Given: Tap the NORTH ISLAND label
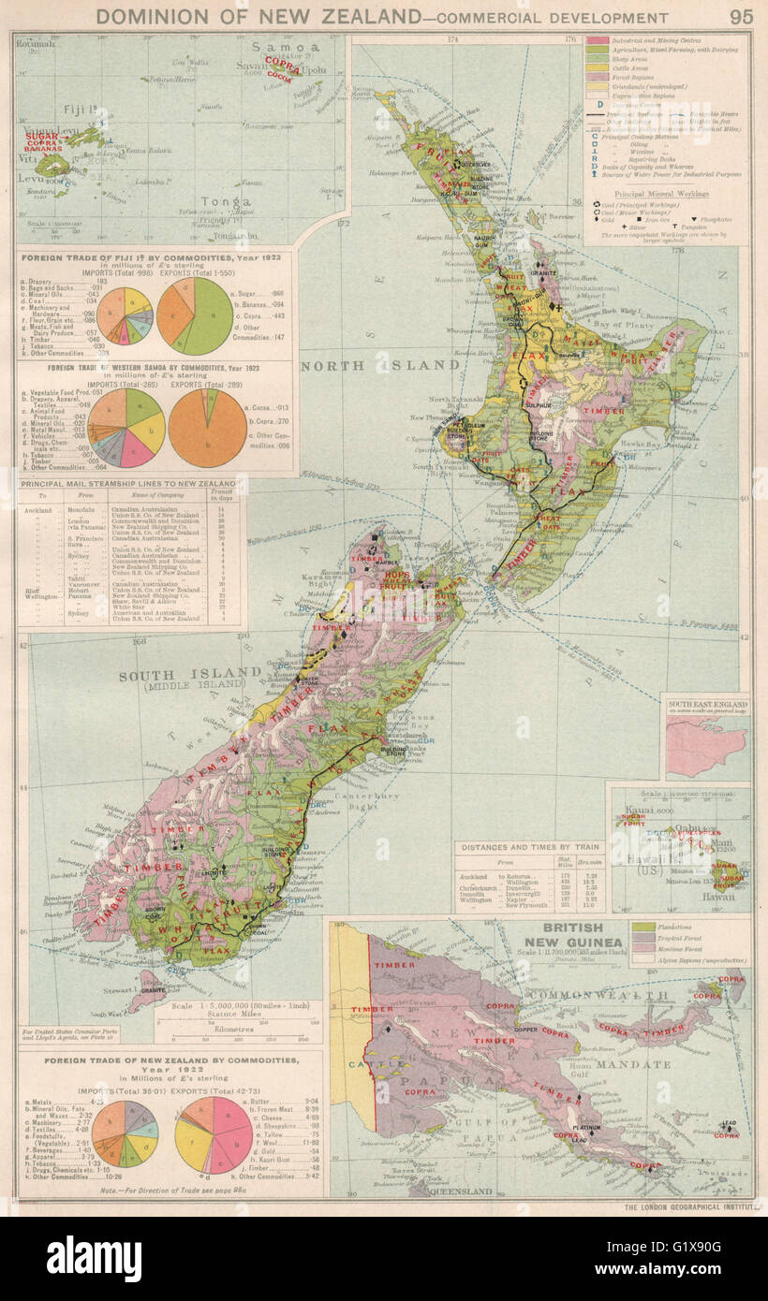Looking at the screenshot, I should (x=379, y=365).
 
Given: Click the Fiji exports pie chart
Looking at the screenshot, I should (x=195, y=315).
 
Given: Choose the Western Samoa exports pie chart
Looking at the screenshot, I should (x=207, y=428).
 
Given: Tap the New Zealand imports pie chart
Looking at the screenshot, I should (x=125, y=1133).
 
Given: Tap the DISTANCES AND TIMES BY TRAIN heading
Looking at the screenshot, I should (x=524, y=846).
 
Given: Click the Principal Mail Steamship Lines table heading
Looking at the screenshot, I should (x=128, y=484).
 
